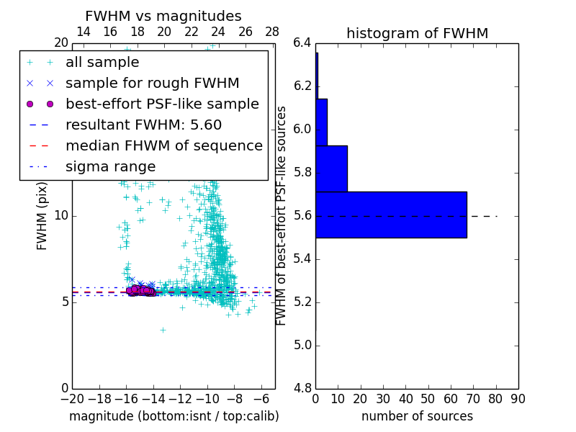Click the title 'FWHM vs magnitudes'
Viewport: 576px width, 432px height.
click(163, 17)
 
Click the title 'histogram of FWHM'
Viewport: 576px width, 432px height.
click(417, 33)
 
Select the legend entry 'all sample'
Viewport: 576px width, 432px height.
click(102, 63)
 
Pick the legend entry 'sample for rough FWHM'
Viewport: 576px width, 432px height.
click(152, 84)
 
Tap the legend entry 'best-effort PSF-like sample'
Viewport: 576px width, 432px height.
click(162, 104)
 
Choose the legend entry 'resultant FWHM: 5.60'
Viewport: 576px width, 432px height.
click(143, 125)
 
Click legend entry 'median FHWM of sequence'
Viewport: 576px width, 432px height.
click(163, 145)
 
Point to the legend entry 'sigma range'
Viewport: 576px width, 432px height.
click(110, 166)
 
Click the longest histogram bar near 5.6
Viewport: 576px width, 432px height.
click(391, 215)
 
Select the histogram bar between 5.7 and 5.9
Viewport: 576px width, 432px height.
click(331, 168)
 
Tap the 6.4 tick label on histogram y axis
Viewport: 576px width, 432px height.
click(302, 43)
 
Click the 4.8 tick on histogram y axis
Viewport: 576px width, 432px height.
click(302, 388)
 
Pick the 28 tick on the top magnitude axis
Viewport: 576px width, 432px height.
click(272, 32)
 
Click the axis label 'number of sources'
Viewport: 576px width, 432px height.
click(417, 416)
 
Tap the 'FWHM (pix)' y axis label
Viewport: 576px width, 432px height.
click(42, 216)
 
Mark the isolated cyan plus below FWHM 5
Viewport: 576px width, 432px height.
click(163, 330)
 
